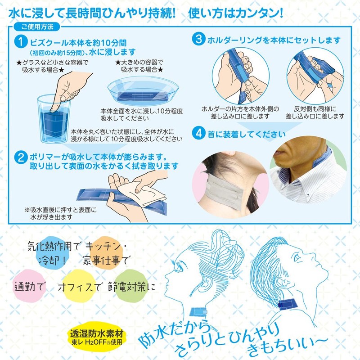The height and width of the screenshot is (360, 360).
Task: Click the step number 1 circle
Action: [x=20, y=42]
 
